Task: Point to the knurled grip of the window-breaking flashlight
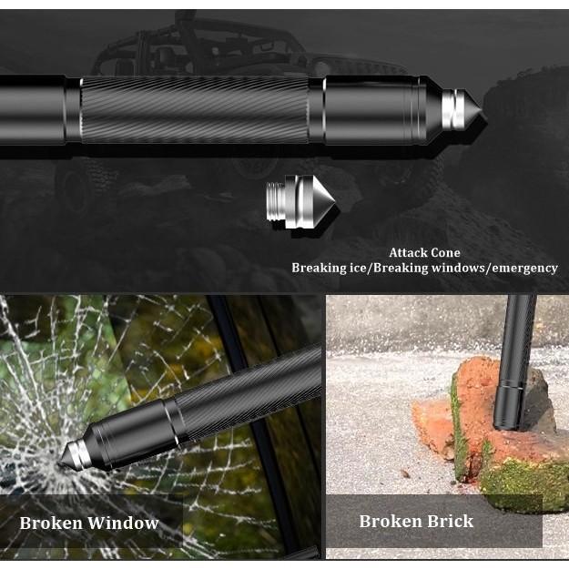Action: coord(246,391)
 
